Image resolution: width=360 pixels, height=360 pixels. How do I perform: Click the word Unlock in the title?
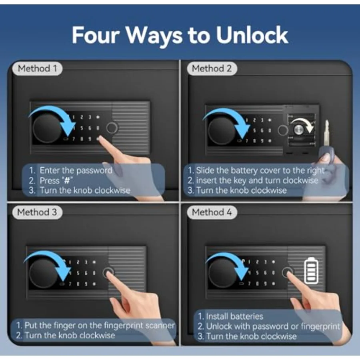(252, 35)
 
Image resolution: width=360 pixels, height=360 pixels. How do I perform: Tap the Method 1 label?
(38, 68)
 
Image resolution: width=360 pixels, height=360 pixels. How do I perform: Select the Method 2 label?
(212, 68)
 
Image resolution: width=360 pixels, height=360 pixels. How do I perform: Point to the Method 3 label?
(37, 212)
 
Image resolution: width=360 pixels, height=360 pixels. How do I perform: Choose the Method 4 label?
(212, 212)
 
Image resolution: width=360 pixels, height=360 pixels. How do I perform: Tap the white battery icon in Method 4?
(311, 270)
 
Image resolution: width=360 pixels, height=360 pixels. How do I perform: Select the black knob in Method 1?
(47, 128)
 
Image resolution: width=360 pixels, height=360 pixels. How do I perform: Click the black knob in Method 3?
(43, 273)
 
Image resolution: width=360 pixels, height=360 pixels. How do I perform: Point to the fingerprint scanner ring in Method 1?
(112, 128)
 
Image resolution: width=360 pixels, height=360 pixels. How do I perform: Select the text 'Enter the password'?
(76, 170)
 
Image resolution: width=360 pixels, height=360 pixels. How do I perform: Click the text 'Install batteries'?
(234, 316)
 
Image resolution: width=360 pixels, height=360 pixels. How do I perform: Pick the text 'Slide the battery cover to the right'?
(260, 170)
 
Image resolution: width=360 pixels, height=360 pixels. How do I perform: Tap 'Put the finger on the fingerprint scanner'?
(100, 325)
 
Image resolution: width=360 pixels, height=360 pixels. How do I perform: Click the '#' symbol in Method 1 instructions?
(67, 180)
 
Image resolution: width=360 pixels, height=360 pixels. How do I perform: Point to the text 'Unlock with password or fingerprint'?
(273, 326)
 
